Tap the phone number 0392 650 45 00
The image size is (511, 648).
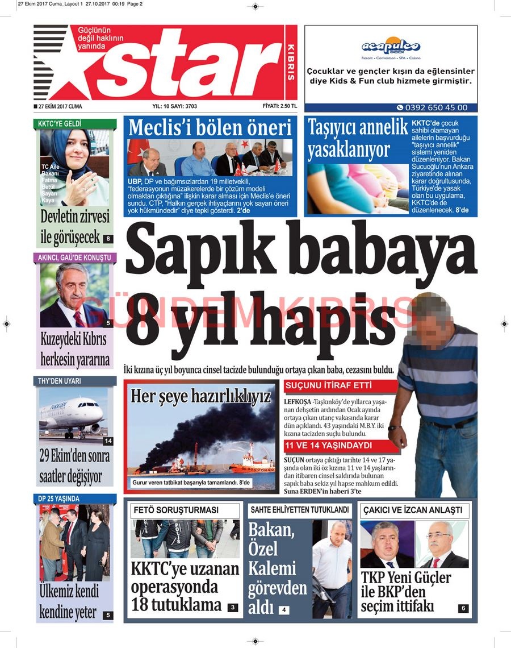click(x=432, y=107)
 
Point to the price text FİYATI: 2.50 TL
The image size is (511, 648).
click(x=280, y=106)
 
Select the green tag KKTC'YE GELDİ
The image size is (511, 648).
click(x=60, y=123)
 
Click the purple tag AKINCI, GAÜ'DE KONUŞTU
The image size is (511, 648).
click(x=74, y=257)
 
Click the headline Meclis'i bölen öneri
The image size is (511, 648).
click(x=210, y=127)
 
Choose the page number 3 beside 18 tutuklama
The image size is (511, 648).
click(x=232, y=608)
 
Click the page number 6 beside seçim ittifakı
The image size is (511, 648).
click(x=463, y=609)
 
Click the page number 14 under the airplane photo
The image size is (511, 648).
click(x=108, y=441)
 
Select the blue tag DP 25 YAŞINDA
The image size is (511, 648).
click(x=59, y=499)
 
